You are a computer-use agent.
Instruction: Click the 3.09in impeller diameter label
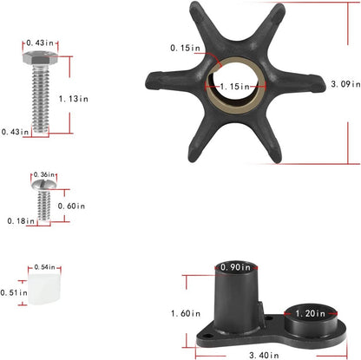(345, 84)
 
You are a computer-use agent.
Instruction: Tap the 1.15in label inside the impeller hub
(234, 86)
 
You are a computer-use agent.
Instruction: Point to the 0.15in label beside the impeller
(185, 48)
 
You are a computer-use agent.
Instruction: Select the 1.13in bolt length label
(74, 99)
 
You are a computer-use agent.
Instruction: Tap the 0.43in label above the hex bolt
(40, 43)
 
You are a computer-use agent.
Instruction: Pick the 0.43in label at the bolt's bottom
(15, 132)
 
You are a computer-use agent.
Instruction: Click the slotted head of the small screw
(44, 185)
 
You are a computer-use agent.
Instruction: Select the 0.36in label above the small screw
(44, 174)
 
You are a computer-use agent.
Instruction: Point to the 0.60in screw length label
(71, 206)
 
